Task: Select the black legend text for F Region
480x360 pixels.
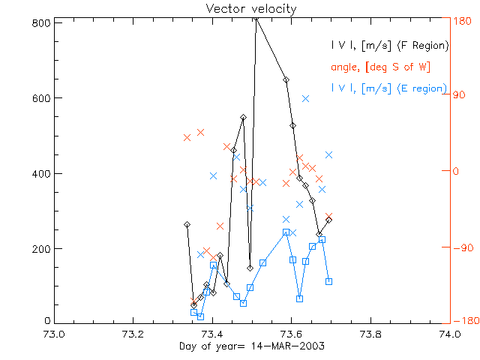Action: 389,46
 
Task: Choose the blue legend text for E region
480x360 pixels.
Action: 388,88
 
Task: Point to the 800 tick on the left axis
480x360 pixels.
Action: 41,22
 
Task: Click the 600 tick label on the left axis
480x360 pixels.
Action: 41,98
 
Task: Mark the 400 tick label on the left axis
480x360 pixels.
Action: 41,173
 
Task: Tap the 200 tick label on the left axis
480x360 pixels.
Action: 41,248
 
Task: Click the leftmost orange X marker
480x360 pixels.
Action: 187,137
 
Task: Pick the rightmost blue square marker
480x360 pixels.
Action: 329,281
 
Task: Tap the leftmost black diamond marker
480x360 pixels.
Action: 187,224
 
